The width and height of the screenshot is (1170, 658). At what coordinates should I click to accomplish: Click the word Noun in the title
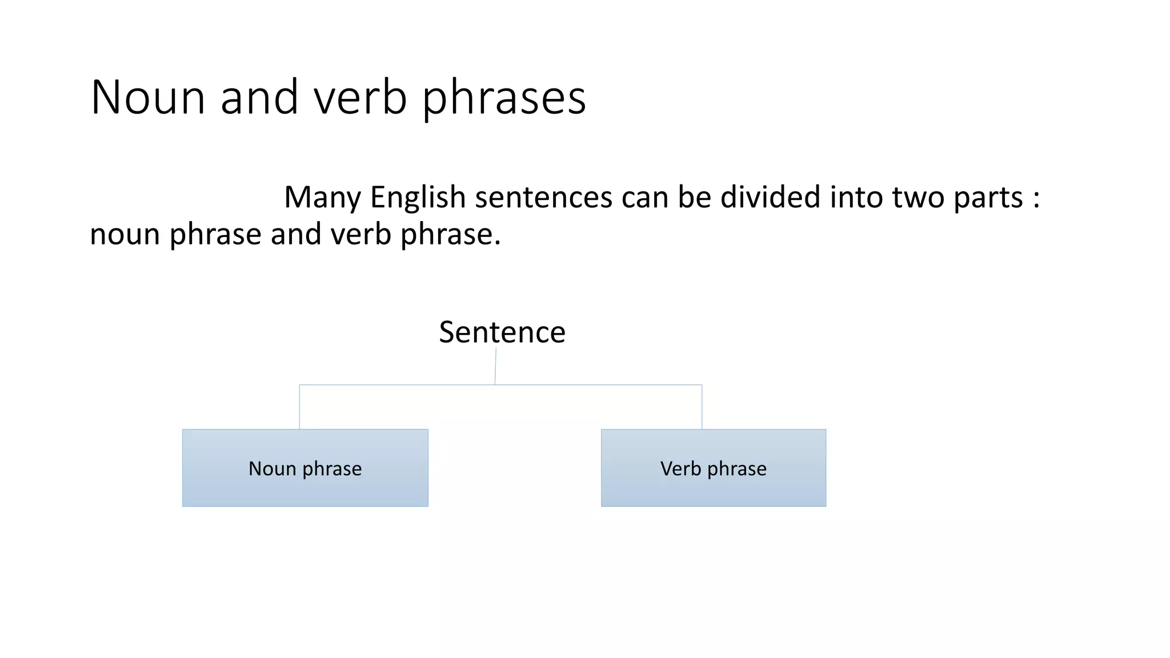pyautogui.click(x=147, y=97)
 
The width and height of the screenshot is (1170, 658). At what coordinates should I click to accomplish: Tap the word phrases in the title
pyautogui.click(x=504, y=98)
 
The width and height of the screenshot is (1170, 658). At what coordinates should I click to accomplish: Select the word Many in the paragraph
pyautogui.click(x=322, y=198)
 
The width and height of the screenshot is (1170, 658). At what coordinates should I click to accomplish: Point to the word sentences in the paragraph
pyautogui.click(x=543, y=198)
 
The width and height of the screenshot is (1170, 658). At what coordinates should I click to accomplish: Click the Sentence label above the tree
pyautogui.click(x=502, y=332)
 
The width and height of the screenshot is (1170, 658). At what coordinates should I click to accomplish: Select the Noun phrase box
pyautogui.click(x=305, y=468)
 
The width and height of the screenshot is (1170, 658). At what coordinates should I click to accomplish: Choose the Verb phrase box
pyautogui.click(x=713, y=468)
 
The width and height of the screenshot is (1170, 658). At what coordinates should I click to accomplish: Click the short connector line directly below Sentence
pyautogui.click(x=495, y=366)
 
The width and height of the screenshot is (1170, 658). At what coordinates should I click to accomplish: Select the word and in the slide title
pyautogui.click(x=259, y=97)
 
